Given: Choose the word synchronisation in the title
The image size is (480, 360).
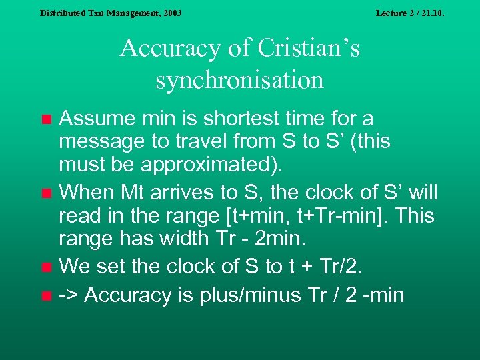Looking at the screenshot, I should point(240,80).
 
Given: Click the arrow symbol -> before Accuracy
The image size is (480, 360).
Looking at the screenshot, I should point(69,294).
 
